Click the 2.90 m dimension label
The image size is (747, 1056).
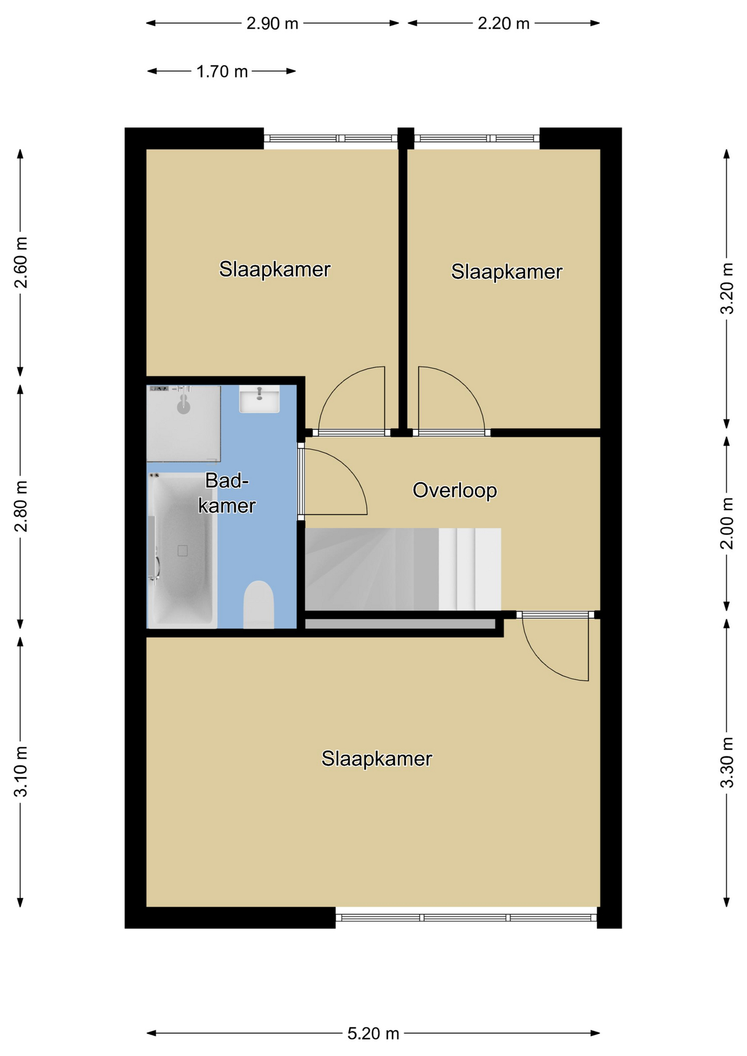(272, 24)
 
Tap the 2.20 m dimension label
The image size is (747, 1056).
(503, 24)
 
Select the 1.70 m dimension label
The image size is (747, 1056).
(222, 71)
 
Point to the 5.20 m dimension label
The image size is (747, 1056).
(373, 1033)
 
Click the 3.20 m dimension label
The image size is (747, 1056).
(727, 289)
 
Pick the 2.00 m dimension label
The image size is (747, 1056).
(727, 523)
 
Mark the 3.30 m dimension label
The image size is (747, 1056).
(727, 763)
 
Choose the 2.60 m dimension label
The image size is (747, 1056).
(21, 263)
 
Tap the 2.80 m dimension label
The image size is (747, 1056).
(21, 507)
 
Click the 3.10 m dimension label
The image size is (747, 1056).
(21, 772)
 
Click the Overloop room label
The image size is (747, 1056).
(455, 490)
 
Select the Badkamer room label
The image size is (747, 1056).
(227, 493)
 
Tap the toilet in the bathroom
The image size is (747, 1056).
(259, 604)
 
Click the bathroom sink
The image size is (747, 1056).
(259, 399)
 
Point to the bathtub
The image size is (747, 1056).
(182, 550)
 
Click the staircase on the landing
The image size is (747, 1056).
(403, 569)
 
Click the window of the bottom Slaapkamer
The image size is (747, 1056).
(466, 917)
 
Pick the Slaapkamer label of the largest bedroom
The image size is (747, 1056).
(377, 759)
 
